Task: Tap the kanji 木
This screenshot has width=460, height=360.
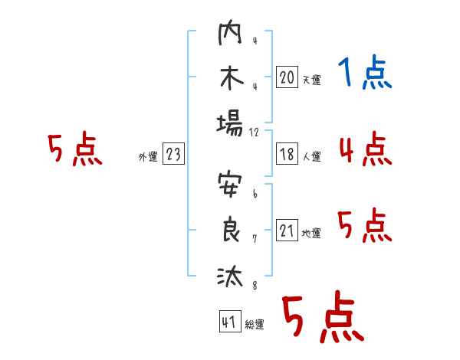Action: coord(230,80)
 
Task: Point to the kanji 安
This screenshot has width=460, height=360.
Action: coord(230,187)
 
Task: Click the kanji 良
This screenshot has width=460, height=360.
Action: coord(230,231)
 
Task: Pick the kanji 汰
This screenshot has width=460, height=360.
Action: coord(230,275)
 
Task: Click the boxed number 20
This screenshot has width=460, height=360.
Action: coord(287,77)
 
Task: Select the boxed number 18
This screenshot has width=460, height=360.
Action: coord(287,154)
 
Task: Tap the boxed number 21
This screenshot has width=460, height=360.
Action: coord(287,231)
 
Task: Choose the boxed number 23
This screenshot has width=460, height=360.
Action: coord(173,154)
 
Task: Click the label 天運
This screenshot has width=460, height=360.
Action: coord(311,80)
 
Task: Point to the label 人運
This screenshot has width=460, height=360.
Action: coord(311,157)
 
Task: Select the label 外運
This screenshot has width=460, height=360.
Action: coord(148,157)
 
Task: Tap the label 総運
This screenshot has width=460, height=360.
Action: coord(254,325)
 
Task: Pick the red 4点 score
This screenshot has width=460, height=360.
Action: coord(365,149)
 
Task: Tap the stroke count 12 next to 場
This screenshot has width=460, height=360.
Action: coord(255,133)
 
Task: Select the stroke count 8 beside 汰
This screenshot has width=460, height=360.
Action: coord(255,286)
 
